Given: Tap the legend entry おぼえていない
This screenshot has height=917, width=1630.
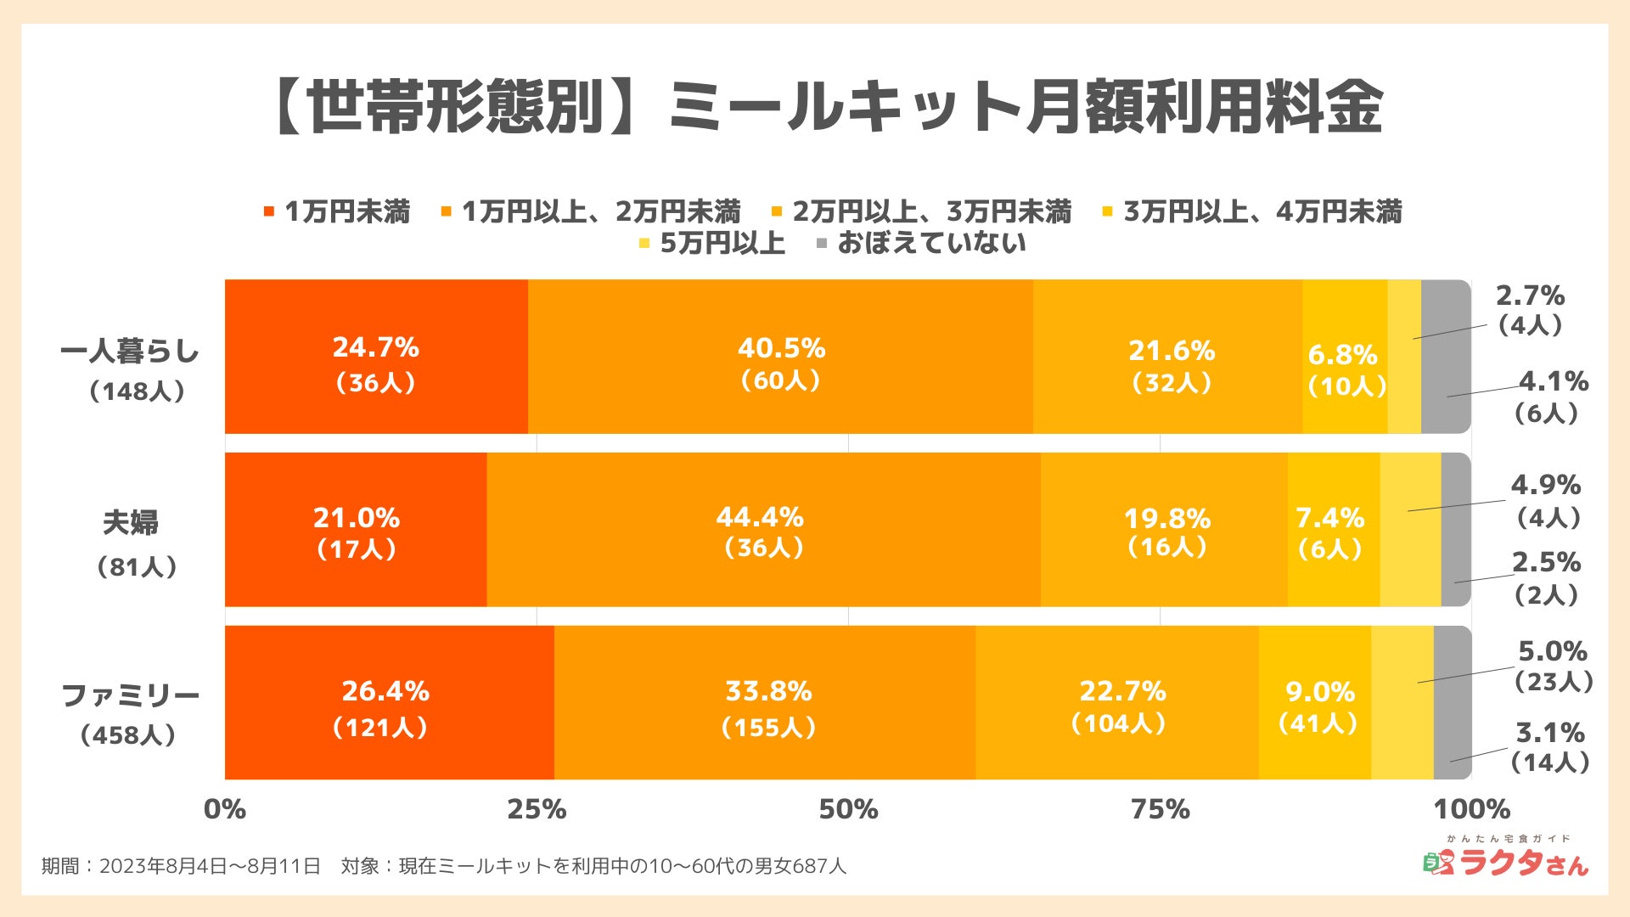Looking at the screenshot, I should click(930, 244).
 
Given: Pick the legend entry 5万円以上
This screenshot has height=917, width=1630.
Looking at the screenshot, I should click(722, 244).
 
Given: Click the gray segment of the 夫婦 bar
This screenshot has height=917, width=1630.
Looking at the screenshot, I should click(1455, 530).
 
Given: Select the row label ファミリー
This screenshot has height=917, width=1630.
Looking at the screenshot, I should click(130, 696).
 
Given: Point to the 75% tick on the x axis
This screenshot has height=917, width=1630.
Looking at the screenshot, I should click(1160, 809).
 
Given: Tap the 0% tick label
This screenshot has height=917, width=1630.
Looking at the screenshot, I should click(225, 809).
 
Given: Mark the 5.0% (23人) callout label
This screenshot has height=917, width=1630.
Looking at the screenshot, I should click(1553, 666).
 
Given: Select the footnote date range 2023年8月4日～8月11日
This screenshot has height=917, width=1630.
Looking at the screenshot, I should click(211, 866).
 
